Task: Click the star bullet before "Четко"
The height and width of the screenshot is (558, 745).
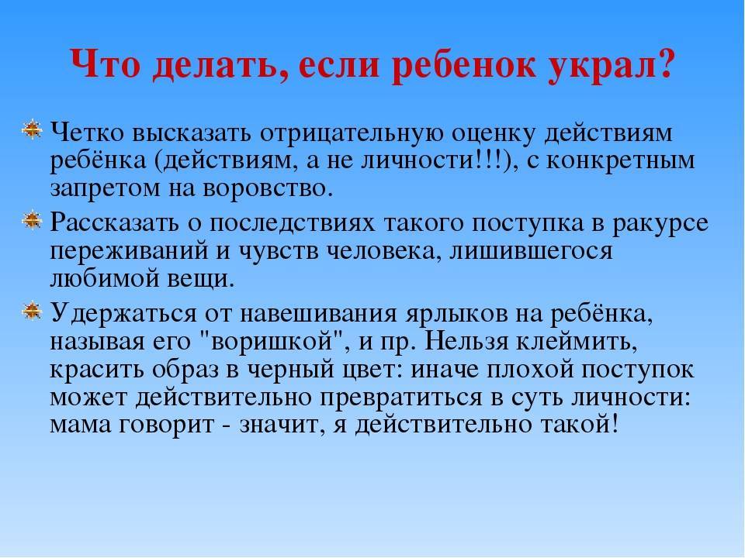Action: coord(32,129)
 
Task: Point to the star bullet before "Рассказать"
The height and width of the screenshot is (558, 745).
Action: coord(32,220)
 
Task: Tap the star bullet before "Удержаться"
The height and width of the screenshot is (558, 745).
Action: coord(32,311)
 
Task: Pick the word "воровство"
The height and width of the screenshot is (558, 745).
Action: coord(265,189)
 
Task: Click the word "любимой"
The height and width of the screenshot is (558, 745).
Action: coord(105,279)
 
